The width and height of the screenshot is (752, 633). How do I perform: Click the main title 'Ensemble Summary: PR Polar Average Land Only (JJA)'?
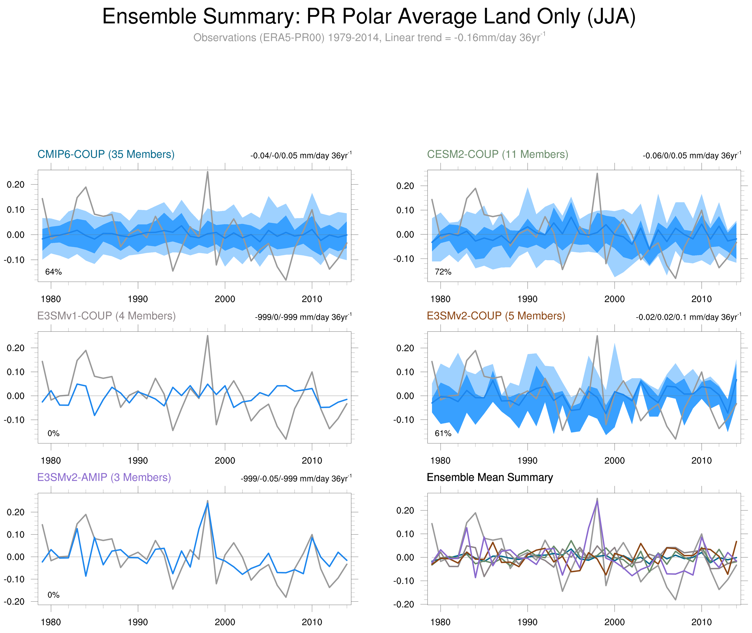(x=369, y=17)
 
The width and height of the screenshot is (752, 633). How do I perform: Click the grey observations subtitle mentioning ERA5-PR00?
(x=369, y=38)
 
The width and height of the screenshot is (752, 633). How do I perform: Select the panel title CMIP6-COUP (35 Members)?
(x=106, y=154)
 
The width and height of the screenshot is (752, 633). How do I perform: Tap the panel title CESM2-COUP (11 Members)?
(x=497, y=154)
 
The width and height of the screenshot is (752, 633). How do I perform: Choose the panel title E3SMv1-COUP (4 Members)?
(x=106, y=316)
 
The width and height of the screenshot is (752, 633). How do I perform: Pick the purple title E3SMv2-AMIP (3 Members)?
(x=104, y=477)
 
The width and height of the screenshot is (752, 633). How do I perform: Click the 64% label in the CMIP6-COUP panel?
(x=54, y=272)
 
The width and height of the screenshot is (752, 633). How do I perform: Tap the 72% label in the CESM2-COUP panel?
(x=443, y=272)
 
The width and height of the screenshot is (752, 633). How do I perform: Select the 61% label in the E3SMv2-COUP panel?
(x=443, y=433)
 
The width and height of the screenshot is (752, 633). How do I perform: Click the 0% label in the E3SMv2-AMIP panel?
(x=54, y=595)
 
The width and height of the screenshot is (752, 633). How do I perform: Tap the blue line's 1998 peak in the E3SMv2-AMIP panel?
(x=208, y=504)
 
